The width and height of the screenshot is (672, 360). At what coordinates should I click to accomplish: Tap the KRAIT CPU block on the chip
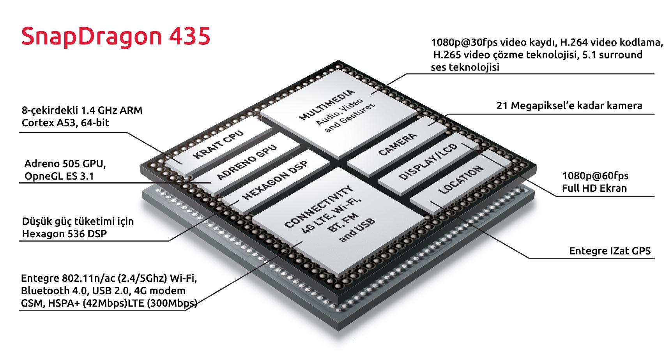tap(218, 145)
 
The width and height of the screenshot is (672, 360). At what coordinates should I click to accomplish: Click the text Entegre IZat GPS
tap(610, 251)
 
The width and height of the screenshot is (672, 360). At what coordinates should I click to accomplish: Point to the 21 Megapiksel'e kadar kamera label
tap(569, 106)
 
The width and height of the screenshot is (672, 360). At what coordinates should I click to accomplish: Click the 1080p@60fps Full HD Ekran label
tap(595, 182)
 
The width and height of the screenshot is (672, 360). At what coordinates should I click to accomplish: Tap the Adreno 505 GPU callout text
tap(65, 164)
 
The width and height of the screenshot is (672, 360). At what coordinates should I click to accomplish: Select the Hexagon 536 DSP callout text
tap(64, 234)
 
